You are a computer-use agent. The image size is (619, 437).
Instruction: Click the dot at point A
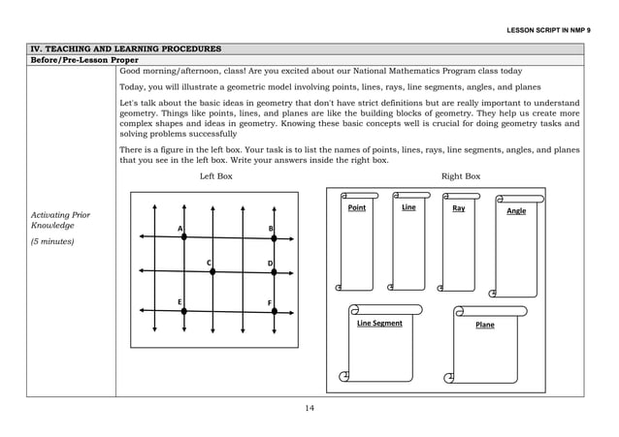[x=183, y=236]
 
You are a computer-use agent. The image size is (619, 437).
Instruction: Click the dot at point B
[x=274, y=237]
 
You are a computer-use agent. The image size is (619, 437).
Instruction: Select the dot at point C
[x=212, y=272]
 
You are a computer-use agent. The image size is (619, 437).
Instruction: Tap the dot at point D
[x=274, y=272]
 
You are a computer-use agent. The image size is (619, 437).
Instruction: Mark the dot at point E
[x=183, y=311]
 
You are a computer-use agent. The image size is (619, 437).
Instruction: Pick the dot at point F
[x=274, y=311]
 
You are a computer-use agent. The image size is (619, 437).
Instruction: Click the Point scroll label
[x=357, y=208]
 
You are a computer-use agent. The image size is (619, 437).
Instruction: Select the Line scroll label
[x=408, y=207]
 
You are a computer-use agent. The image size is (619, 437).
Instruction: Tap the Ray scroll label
[x=459, y=208]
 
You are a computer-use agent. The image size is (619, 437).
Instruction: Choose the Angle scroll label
[x=516, y=210]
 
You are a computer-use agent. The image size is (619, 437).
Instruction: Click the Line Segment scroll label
[x=379, y=323]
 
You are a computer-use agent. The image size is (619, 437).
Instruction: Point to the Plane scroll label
[x=485, y=325]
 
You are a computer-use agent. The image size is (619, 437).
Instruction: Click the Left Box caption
[x=215, y=176]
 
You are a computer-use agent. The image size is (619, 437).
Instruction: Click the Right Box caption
[x=461, y=176]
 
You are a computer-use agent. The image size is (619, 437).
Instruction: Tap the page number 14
[x=309, y=408]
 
